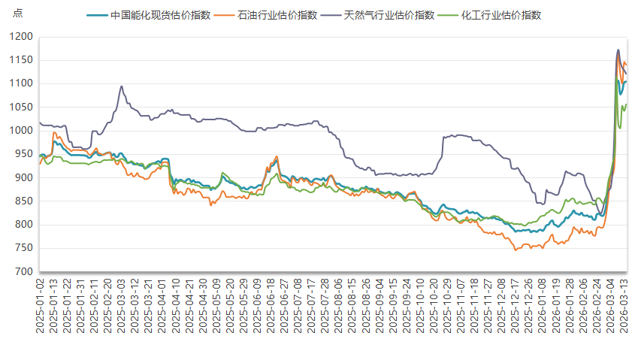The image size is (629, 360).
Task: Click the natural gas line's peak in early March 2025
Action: pyautogui.click(x=122, y=86)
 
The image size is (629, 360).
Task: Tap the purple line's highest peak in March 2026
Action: pyautogui.click(x=618, y=50)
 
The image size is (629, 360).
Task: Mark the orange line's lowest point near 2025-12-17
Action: pyautogui.click(x=516, y=250)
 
